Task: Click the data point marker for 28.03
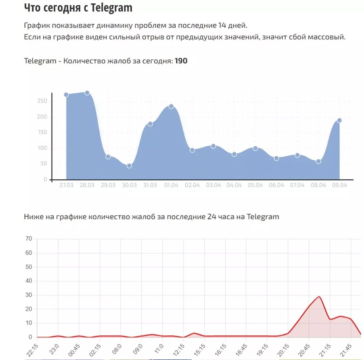[87, 93]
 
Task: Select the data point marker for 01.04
[171, 106]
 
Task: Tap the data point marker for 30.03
[129, 166]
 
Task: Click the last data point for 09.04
[339, 120]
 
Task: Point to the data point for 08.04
[318, 162]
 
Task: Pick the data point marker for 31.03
[150, 124]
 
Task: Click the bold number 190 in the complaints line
[181, 61]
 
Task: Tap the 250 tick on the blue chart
[42, 101]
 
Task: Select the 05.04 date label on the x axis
[255, 185]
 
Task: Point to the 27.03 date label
[66, 185]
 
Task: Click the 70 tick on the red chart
[29, 239]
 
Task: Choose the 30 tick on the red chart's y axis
[29, 295]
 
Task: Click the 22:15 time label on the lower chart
[32, 350]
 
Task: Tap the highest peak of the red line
[319, 297]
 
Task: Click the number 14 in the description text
[222, 25]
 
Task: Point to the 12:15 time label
[179, 350]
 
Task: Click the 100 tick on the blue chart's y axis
[42, 148]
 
